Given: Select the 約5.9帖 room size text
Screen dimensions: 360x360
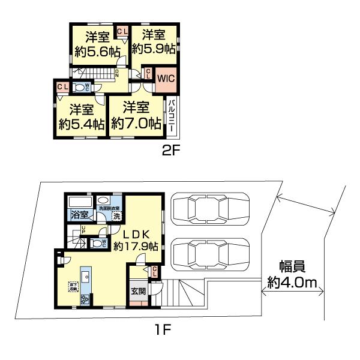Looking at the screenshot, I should pyautogui.click(x=154, y=49).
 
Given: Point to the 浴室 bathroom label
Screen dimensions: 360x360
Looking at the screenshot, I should pyautogui.click(x=79, y=214).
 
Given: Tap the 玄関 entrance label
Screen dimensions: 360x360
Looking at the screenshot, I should pyautogui.click(x=137, y=292).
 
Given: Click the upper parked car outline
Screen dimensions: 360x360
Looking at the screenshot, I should pyautogui.click(x=209, y=208).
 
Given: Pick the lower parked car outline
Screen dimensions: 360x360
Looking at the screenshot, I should pyautogui.click(x=209, y=253).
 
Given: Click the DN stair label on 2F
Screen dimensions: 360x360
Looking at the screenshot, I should pyautogui.click(x=118, y=73).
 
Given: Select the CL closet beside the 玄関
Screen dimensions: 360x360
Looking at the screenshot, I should pyautogui.click(x=155, y=272).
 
